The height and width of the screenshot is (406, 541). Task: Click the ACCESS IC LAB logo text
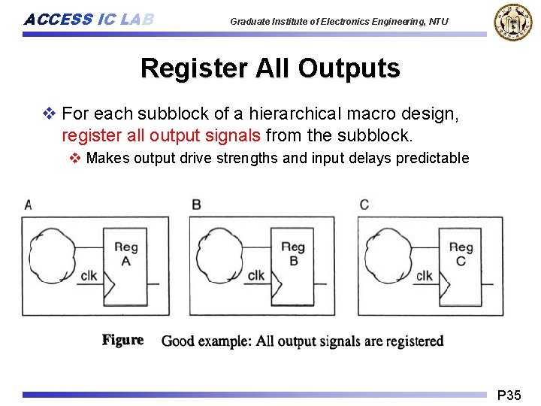coord(89,20)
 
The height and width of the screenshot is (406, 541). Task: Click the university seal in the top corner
coord(512,22)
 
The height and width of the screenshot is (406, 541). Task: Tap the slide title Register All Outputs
coord(270,68)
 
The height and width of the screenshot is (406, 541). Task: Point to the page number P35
coord(509,395)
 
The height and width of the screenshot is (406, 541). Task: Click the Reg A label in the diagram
coord(125,253)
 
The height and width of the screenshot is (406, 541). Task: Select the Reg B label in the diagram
coord(293,253)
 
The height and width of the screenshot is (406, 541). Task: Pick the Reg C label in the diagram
coord(461,253)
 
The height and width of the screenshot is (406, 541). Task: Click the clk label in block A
coord(89,275)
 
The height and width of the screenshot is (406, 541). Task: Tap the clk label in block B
coord(256,275)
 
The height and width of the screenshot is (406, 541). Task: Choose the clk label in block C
coord(425,275)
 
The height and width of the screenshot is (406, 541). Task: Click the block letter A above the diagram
coord(28,205)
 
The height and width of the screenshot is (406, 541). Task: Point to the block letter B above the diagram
coord(196,205)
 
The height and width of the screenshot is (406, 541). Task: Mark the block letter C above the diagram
coord(364,205)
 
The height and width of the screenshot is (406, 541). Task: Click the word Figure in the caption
coord(122,340)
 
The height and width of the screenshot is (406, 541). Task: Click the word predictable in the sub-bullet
coord(431,158)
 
